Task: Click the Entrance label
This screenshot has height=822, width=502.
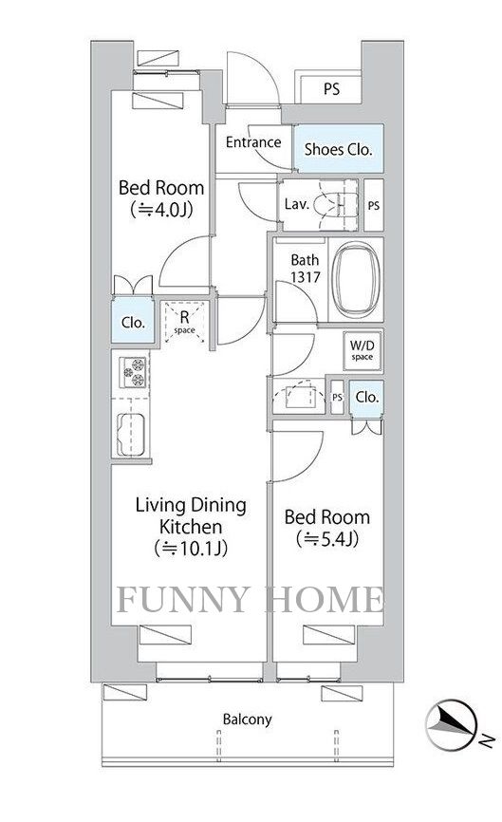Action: point(252,143)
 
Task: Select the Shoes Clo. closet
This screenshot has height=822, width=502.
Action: point(338,149)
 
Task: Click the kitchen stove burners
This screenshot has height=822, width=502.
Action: point(133,372)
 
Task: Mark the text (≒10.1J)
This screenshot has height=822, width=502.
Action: point(190,548)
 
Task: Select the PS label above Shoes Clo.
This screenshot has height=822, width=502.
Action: point(330,90)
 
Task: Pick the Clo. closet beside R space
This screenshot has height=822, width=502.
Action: point(133,322)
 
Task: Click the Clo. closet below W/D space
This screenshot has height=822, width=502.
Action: point(366,398)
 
